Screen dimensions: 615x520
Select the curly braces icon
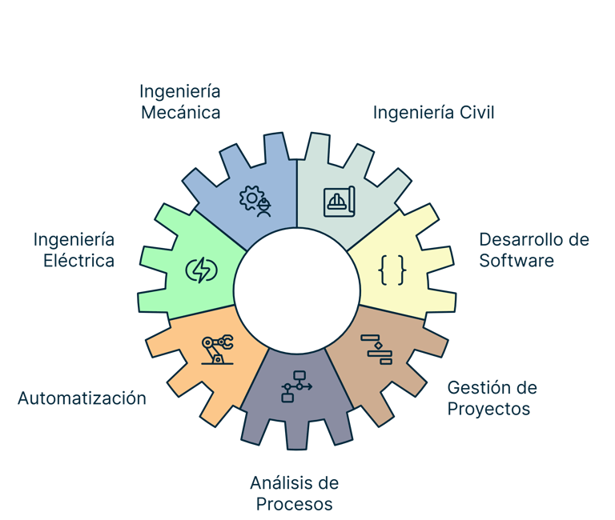point(392,271)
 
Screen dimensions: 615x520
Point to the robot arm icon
point(216,350)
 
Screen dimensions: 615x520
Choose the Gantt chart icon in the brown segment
point(376,349)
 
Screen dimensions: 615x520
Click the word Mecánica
point(180,112)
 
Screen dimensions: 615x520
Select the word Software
point(517,261)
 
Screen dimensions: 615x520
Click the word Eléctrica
point(78,261)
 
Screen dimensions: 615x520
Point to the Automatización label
point(82,398)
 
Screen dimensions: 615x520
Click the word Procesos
point(294,504)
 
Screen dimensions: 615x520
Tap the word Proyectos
point(488,409)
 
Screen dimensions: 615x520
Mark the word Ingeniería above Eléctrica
point(74,240)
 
